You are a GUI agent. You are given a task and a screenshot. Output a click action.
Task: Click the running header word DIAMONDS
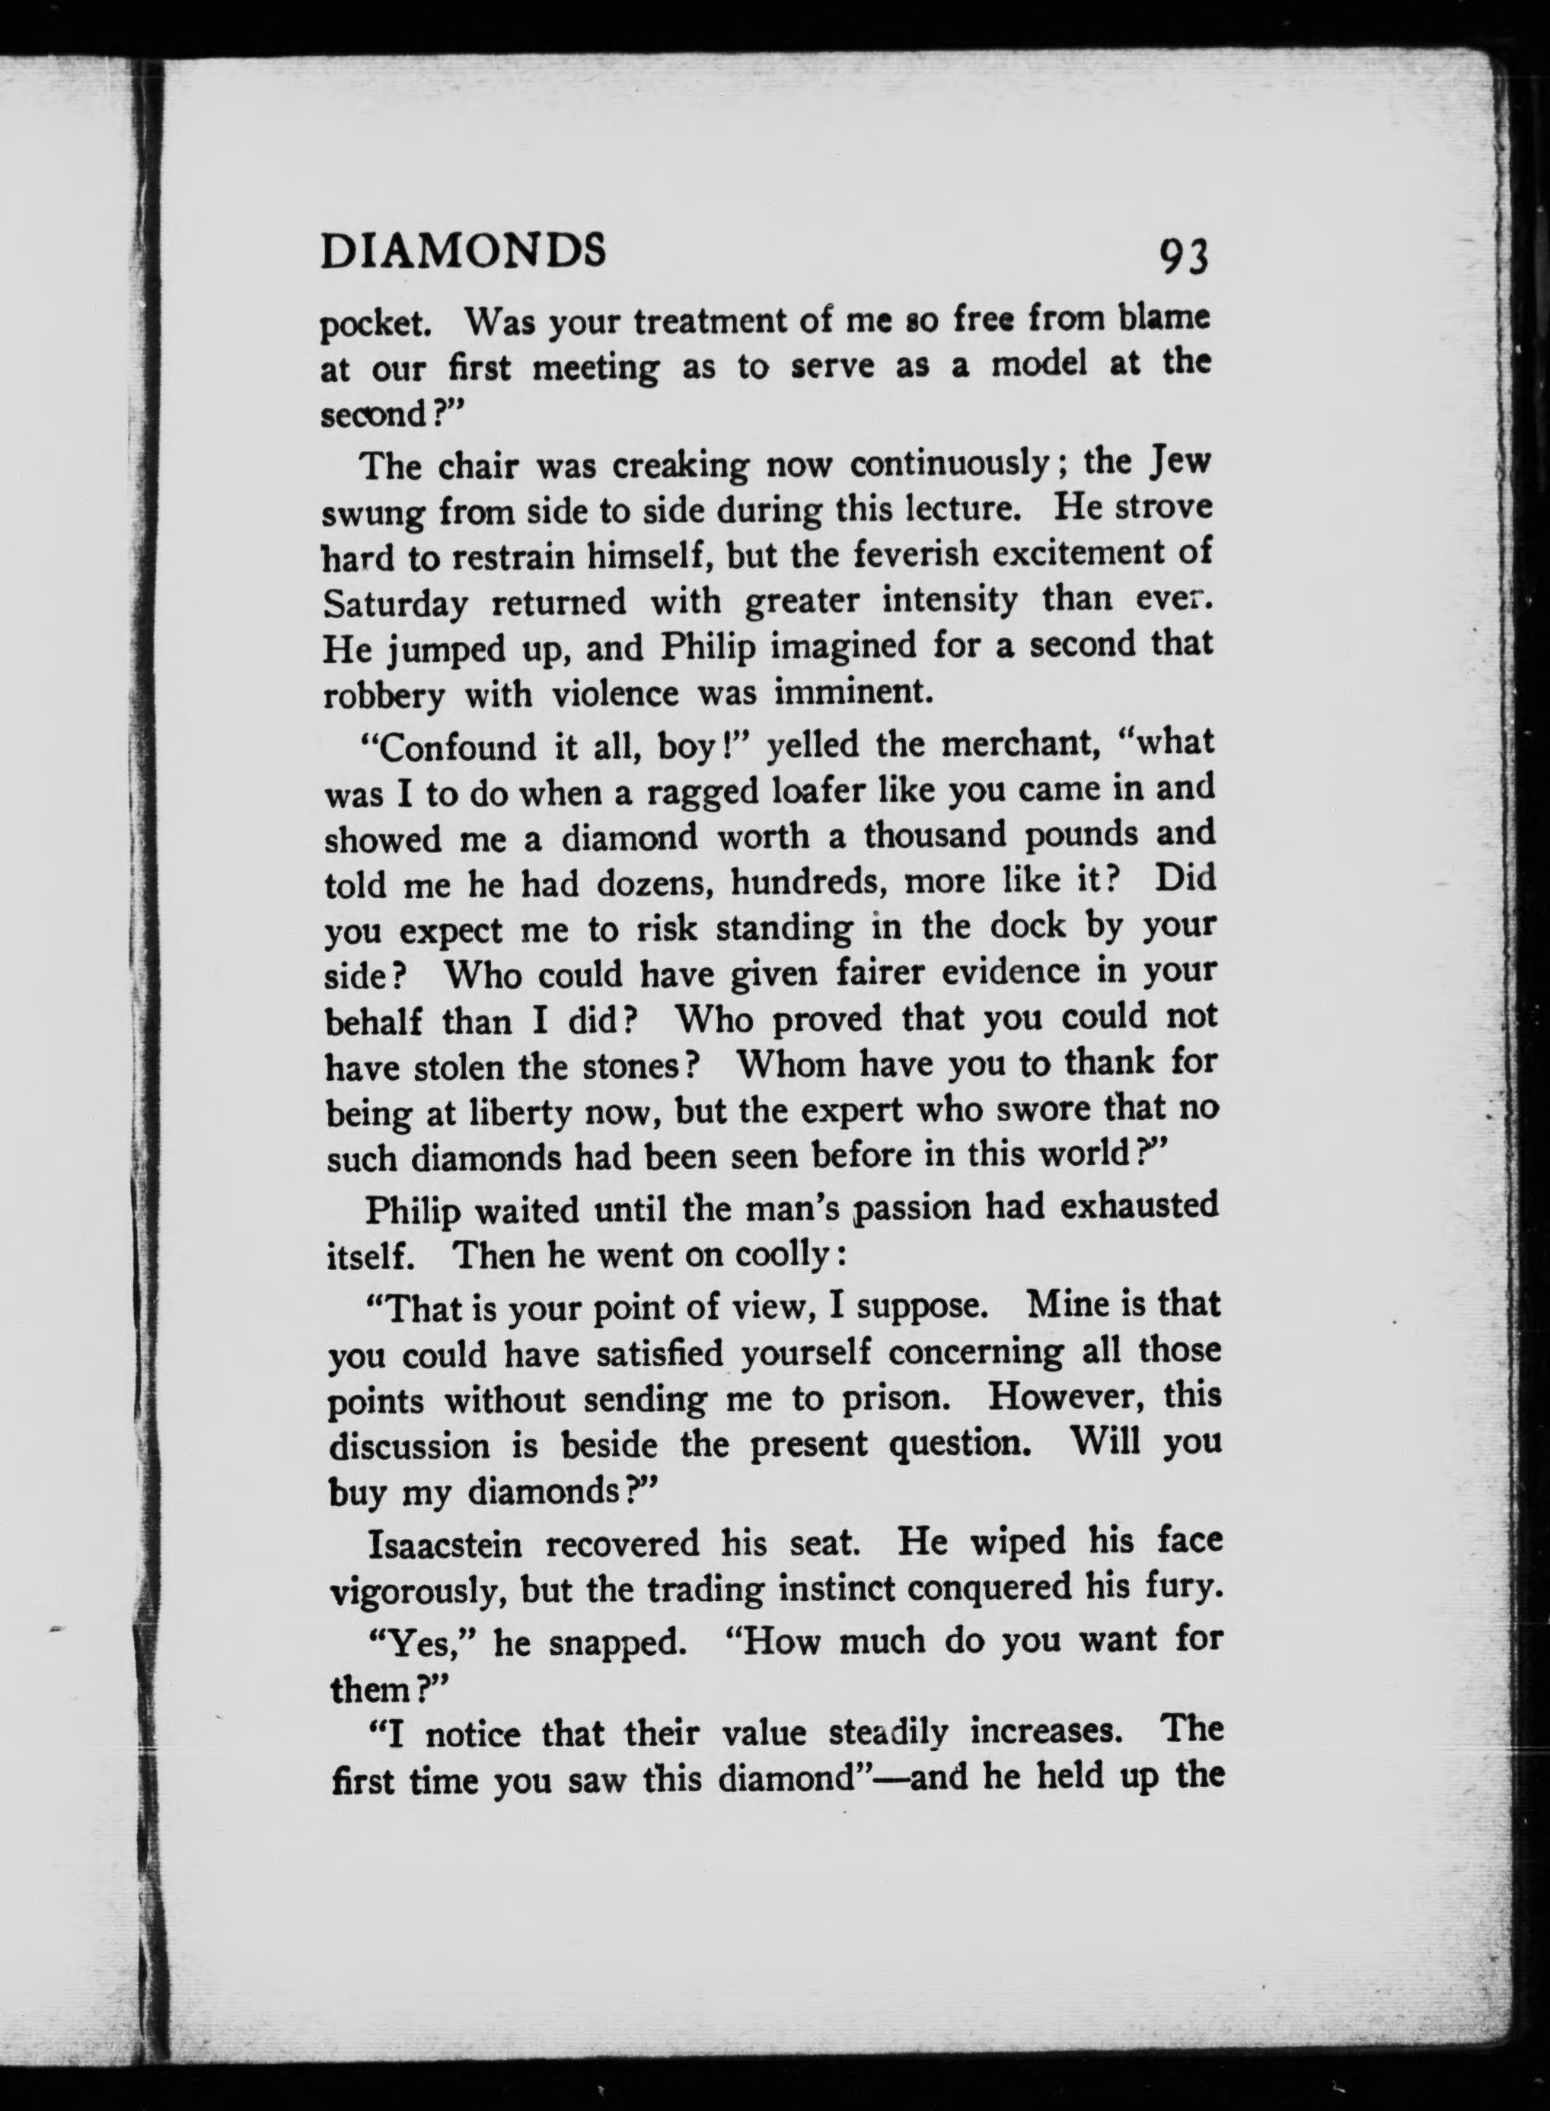[x=463, y=251]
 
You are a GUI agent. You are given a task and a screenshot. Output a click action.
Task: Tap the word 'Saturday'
[x=395, y=603]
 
